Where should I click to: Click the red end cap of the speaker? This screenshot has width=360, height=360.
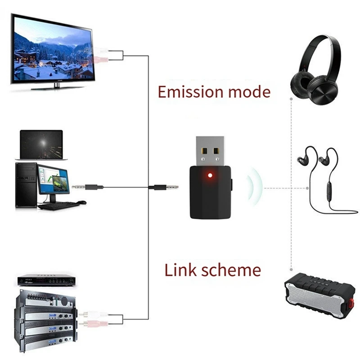tap(348, 299)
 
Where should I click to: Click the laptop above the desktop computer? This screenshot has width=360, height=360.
tap(41, 144)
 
